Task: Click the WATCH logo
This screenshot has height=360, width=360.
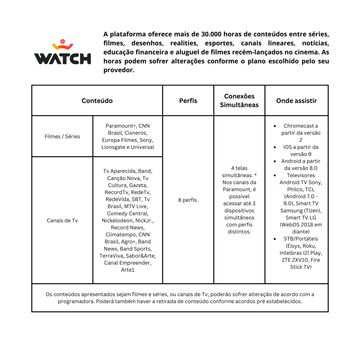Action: point(63,53)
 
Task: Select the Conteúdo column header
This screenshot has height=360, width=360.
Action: point(97,101)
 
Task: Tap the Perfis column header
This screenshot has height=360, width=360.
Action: point(188,101)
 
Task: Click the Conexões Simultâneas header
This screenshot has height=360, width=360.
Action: point(239,101)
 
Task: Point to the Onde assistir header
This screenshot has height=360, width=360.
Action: point(296,101)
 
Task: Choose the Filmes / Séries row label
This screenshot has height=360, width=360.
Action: point(62,136)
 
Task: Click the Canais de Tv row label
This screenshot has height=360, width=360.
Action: point(62,220)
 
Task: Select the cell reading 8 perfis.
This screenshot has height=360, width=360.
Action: point(188,200)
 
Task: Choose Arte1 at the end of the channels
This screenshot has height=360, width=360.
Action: point(128,270)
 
